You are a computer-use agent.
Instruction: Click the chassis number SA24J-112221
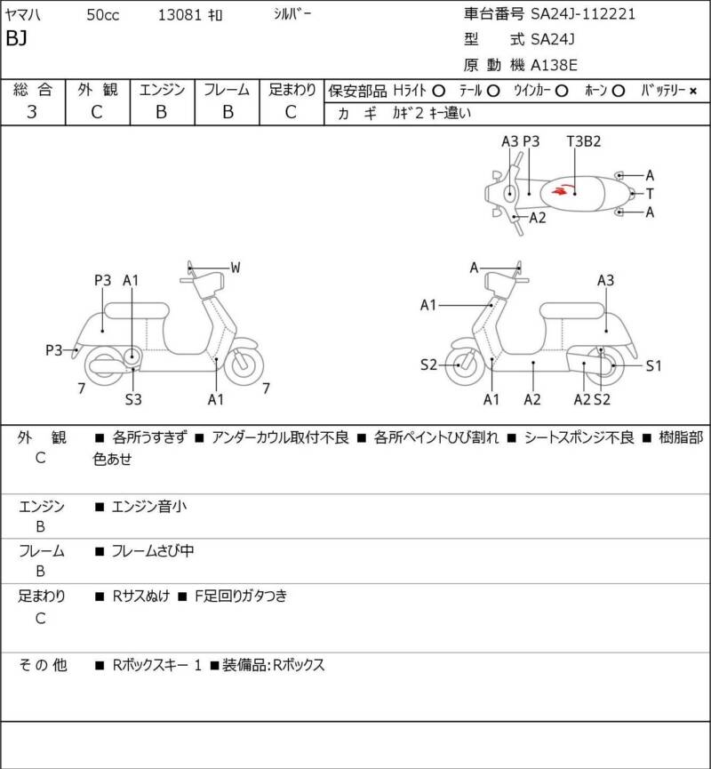[x=583, y=14]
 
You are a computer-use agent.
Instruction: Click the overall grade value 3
[x=33, y=112]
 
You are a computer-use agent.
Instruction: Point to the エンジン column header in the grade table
[x=161, y=90]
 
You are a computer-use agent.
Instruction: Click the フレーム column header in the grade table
[x=227, y=90]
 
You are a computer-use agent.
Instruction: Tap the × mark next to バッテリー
[x=693, y=91]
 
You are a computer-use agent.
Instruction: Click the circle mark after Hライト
[x=438, y=91]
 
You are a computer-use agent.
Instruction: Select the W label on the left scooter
[x=236, y=267]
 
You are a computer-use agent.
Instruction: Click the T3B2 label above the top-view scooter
[x=584, y=141]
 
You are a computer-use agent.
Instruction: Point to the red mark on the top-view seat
[x=560, y=188]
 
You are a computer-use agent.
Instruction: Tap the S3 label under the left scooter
[x=133, y=399]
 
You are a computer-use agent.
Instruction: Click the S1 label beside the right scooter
[x=653, y=365]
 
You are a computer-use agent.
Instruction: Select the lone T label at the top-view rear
[x=650, y=194]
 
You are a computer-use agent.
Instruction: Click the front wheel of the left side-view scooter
[x=244, y=364]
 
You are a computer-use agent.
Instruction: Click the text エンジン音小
[x=149, y=507]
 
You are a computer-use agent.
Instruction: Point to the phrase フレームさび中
[x=153, y=551]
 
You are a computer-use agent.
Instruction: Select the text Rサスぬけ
[x=140, y=596]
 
